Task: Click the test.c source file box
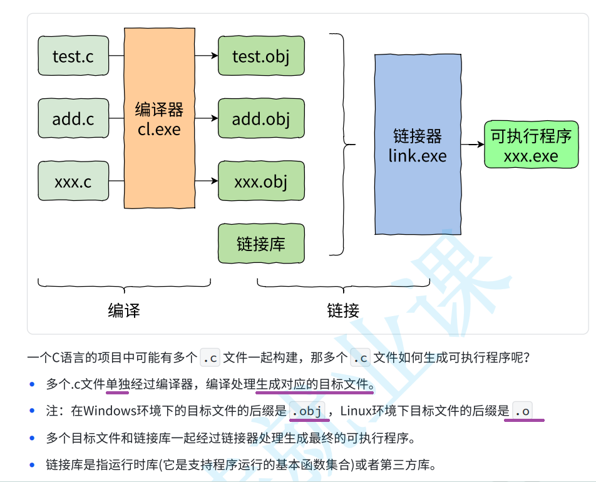(x=73, y=56)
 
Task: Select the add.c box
(x=73, y=118)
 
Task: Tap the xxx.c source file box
(x=73, y=182)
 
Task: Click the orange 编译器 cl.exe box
(x=159, y=119)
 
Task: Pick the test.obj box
(x=261, y=56)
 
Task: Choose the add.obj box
(x=261, y=118)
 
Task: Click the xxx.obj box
(x=261, y=182)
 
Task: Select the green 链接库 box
(x=261, y=244)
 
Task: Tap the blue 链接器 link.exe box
(x=418, y=145)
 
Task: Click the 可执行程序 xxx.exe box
(x=531, y=145)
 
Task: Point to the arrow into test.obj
(x=206, y=56)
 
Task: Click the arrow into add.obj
(x=206, y=118)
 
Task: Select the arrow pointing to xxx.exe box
(x=473, y=145)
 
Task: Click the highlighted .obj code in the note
(x=307, y=411)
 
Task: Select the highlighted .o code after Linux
(x=522, y=411)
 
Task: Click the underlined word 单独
(x=117, y=384)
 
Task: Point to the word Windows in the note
(x=107, y=411)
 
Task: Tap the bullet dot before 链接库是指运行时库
(x=33, y=464)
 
